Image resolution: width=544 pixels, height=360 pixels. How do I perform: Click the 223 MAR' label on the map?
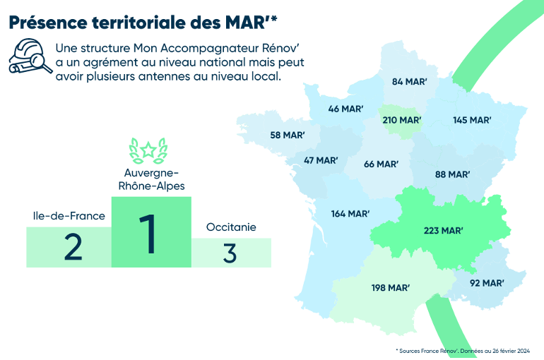point(444,230)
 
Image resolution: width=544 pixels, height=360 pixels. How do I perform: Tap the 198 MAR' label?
point(391,287)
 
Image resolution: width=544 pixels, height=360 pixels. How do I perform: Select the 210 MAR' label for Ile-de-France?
point(402,120)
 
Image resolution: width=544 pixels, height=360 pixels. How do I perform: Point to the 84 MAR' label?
point(409,81)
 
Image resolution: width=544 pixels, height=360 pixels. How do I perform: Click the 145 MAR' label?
point(472,120)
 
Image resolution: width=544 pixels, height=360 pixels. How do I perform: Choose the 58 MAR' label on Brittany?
point(288,135)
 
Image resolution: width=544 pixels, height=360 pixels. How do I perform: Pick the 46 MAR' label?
point(345,109)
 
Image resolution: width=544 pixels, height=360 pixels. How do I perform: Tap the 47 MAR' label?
point(321,160)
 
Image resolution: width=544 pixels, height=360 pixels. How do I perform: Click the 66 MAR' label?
point(381,164)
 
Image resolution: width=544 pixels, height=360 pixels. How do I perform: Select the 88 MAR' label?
point(453,174)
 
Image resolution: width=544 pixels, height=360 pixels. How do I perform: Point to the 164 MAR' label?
point(350,213)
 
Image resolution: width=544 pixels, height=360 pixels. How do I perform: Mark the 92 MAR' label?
point(487,283)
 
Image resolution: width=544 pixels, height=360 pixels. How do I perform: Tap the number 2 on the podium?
point(73,246)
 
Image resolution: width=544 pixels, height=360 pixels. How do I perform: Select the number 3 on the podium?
point(230,253)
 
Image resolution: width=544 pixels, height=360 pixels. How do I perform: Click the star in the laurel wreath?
point(148,150)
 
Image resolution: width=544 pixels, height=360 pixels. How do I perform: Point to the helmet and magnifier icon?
point(30,56)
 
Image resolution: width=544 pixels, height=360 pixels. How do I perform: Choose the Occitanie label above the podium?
point(231,227)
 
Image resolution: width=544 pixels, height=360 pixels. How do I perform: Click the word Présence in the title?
point(48,23)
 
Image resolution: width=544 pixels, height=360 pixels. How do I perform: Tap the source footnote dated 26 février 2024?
point(463,351)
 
